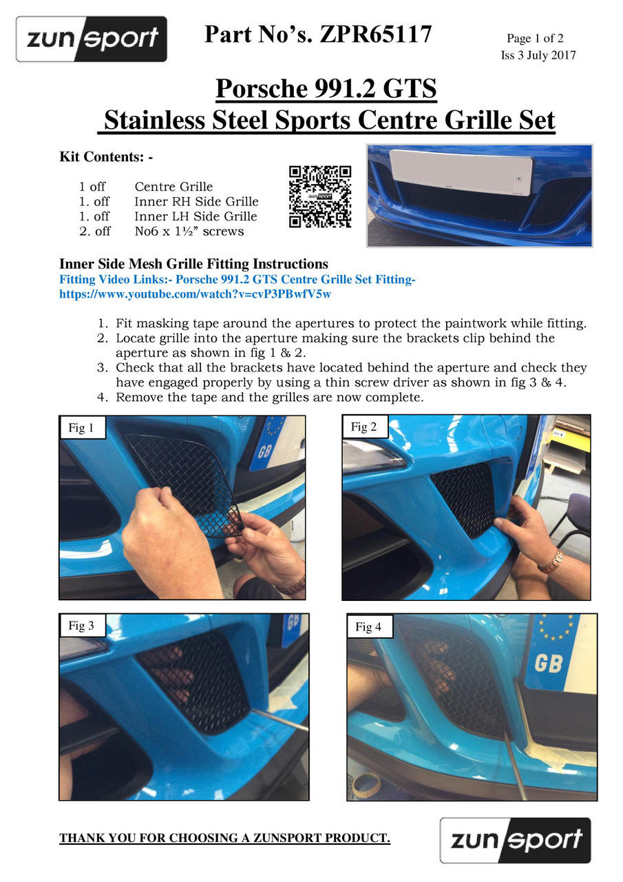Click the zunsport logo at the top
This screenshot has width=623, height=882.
(92, 39)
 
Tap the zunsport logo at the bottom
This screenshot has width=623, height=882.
(515, 840)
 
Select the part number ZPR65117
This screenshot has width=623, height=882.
(376, 34)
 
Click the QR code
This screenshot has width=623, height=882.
(319, 196)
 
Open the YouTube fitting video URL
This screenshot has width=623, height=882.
(195, 294)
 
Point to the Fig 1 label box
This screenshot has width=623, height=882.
(83, 427)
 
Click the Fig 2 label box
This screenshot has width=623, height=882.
(365, 427)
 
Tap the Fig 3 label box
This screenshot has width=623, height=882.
(83, 625)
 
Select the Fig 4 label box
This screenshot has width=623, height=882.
(370, 626)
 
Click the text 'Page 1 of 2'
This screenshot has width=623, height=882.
(535, 38)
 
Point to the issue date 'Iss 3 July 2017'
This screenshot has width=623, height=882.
(538, 55)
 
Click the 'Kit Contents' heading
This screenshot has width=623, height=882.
(106, 156)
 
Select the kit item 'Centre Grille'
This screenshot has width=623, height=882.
(173, 186)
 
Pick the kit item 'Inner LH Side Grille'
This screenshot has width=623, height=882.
(196, 216)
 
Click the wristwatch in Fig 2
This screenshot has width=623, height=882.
(551, 562)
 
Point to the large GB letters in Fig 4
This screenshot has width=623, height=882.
(548, 664)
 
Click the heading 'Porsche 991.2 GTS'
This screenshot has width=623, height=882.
(326, 88)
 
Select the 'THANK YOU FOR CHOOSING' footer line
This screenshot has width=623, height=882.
(224, 839)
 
